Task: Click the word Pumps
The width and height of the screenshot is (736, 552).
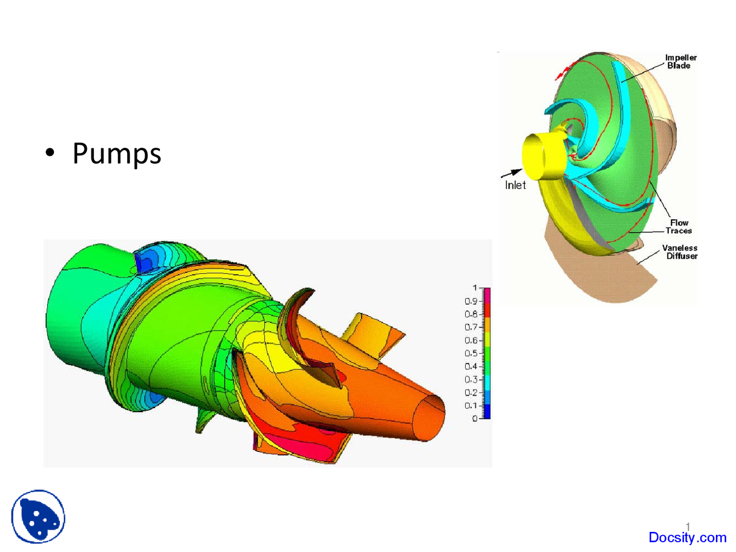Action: point(117,154)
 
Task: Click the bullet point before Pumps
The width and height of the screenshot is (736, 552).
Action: point(51,153)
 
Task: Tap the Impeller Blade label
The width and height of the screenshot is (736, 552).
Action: point(680,62)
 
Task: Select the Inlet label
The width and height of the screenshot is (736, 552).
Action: point(515,185)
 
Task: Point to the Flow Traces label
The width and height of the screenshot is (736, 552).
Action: point(678,227)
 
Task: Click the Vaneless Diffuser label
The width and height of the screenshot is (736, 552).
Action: point(680,252)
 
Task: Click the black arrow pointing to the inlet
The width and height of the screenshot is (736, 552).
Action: point(511,172)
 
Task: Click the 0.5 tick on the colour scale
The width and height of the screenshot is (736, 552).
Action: point(471,354)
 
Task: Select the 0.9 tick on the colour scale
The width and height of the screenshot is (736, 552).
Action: point(471,301)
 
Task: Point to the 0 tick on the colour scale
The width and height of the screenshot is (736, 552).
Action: point(475,419)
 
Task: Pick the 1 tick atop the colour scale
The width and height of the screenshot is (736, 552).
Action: point(475,288)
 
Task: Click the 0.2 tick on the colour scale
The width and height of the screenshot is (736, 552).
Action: point(471,393)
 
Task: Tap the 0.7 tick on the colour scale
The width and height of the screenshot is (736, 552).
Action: point(471,327)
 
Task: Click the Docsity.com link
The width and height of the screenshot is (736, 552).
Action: point(687,538)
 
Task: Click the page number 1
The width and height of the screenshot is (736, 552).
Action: point(688,526)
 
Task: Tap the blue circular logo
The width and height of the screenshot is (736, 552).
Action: point(39,516)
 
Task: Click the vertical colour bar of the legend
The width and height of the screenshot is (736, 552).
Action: point(486,353)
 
